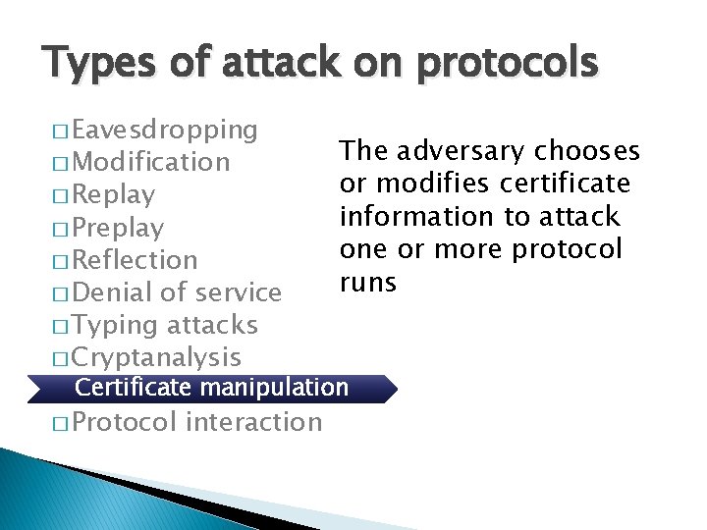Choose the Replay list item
tap(114, 194)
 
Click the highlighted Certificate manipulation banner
tap(212, 388)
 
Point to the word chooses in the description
tap(587, 151)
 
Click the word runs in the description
tap(368, 283)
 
